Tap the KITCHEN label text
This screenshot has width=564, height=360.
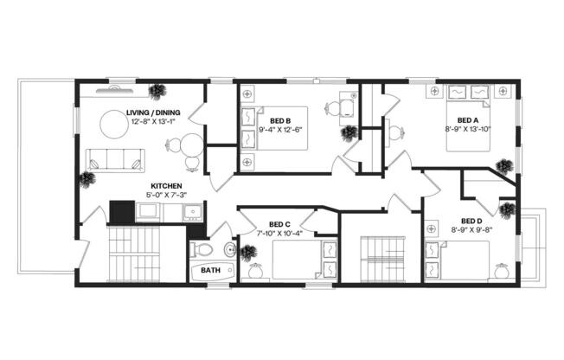[x=166, y=185]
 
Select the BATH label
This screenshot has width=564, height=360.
[x=211, y=270]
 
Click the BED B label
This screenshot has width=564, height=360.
[x=279, y=120]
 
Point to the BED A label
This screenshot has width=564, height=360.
[x=467, y=119]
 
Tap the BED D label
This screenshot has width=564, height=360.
[x=471, y=220]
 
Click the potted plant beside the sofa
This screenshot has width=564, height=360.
[x=87, y=179]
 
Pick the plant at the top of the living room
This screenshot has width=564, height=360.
[x=158, y=89]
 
